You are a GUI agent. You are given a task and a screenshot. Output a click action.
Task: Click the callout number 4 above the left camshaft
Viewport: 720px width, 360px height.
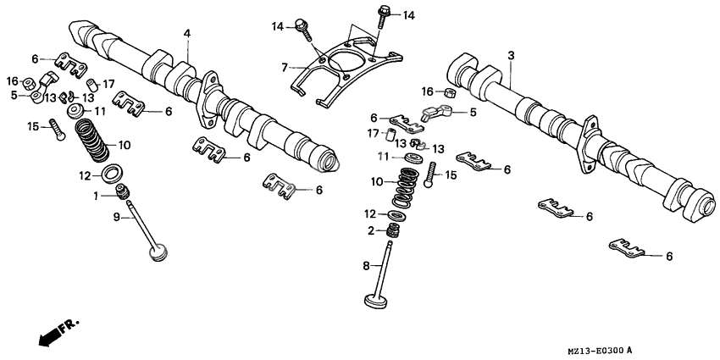tap(187, 33)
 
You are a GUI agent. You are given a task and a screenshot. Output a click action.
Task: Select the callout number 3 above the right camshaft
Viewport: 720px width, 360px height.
tap(511, 55)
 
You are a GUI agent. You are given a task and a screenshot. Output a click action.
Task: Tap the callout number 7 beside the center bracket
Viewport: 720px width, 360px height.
tap(285, 65)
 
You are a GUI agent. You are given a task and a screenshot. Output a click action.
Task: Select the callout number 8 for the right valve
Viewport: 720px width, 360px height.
tap(367, 266)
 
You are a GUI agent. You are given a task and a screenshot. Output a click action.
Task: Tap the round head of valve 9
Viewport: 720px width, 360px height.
tap(157, 253)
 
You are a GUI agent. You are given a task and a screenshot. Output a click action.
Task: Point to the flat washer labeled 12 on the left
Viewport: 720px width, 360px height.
tap(110, 175)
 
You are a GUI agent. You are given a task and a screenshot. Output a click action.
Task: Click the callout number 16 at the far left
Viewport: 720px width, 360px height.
tap(13, 80)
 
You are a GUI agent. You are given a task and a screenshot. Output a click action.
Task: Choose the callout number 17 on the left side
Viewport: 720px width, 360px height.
tap(108, 83)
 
